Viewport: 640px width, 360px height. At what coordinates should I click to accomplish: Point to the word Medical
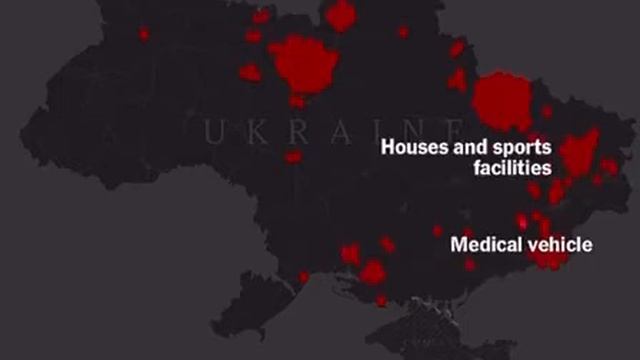tap(485, 243)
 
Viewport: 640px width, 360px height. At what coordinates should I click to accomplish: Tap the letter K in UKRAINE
tap(250, 130)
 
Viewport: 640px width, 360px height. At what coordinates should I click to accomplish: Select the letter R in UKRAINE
tap(290, 130)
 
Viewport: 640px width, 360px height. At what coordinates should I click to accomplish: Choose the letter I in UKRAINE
tap(369, 130)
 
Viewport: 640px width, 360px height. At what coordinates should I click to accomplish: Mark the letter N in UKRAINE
tap(405, 130)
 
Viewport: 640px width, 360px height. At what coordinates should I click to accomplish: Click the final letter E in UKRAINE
tap(446, 130)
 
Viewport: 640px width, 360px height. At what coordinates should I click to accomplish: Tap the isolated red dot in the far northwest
tap(144, 34)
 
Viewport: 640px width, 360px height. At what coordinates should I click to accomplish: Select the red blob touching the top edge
tap(342, 14)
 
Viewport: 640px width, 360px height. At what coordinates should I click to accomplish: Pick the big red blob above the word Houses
tap(500, 102)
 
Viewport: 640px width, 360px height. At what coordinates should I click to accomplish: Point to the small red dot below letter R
tap(292, 157)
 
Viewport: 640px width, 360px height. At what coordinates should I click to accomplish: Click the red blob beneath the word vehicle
tap(549, 260)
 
